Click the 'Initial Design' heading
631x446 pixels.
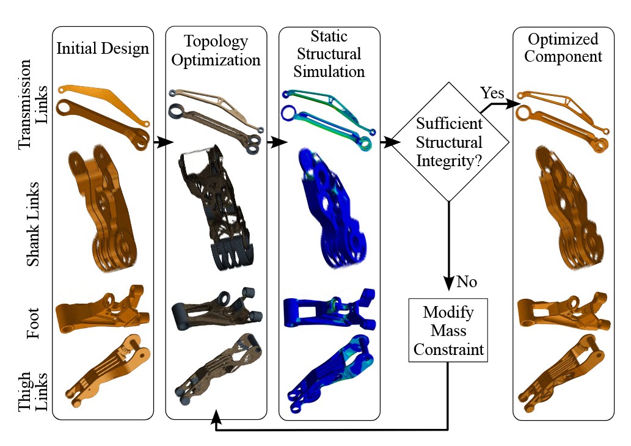point(103,48)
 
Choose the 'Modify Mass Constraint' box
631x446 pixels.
point(448,331)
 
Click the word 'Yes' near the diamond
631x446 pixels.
point(492,93)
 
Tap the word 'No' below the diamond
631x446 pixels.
point(467,282)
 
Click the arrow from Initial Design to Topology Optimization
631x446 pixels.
point(161,142)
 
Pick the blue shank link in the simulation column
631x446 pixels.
point(330,208)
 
